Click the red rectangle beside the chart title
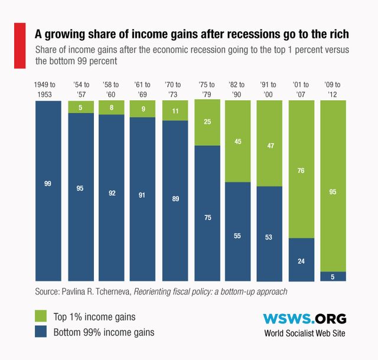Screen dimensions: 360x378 (19, 44)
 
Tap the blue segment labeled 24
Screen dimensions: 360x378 (301, 260)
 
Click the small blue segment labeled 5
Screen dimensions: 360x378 (333, 276)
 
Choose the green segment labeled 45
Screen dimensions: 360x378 (237, 142)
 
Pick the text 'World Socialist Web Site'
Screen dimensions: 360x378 (305, 334)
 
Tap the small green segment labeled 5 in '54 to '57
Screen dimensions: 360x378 (80, 107)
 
